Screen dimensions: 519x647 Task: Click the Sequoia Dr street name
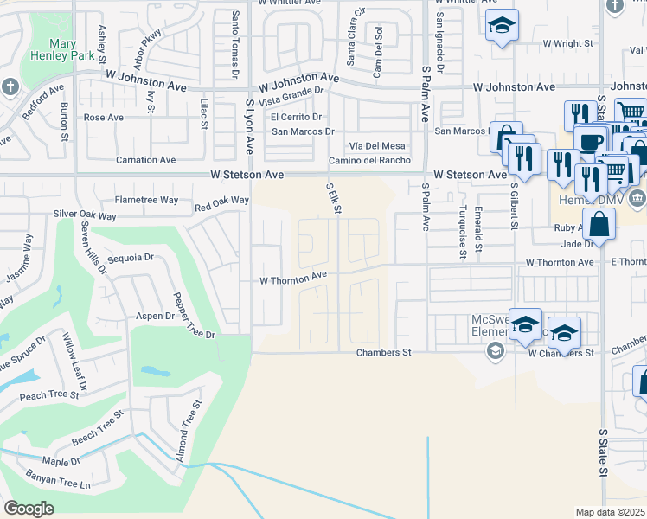(130, 257)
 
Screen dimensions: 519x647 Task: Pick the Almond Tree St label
(189, 430)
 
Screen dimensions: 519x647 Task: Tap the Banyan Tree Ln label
(61, 484)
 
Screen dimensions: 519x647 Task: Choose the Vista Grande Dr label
(300, 99)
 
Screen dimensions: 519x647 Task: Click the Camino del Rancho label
(369, 160)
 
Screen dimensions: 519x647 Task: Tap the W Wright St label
(567, 42)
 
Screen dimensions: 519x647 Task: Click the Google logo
(29, 509)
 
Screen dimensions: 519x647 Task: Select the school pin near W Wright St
(501, 26)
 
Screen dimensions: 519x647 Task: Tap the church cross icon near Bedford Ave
(10, 86)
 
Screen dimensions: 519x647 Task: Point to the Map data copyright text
(611, 512)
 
